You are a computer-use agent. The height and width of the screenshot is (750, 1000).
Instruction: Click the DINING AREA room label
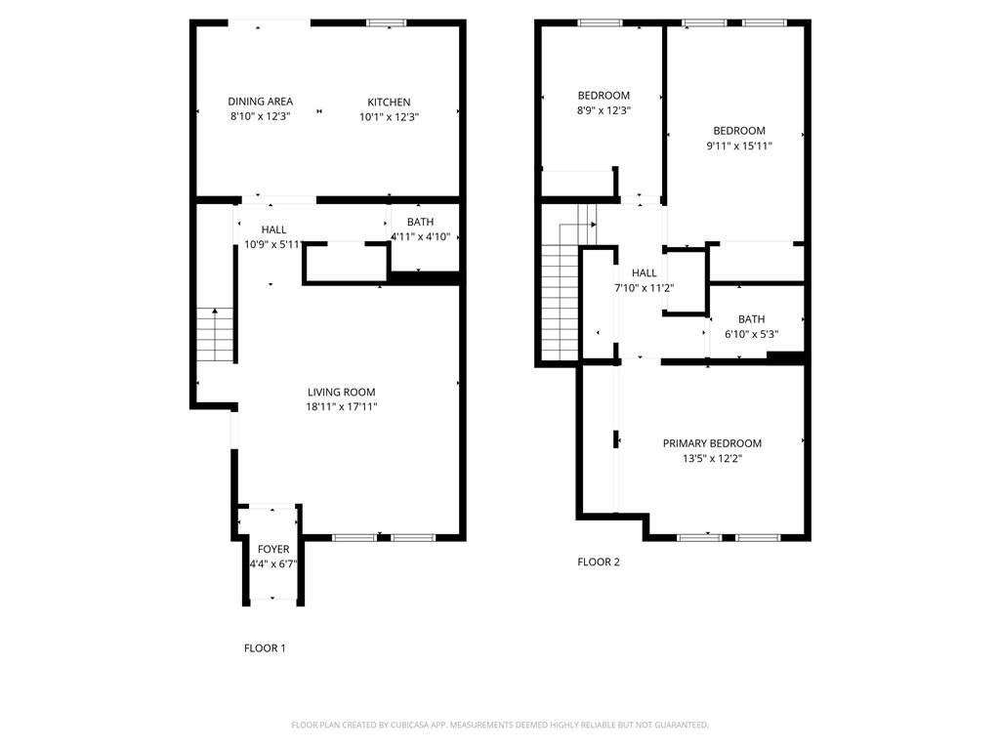pos(260,102)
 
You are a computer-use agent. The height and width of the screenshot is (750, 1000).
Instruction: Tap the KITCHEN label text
pos(389,103)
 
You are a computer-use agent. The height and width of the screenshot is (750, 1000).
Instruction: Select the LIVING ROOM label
pos(341,393)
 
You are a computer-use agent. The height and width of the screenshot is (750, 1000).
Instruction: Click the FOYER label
pos(272,550)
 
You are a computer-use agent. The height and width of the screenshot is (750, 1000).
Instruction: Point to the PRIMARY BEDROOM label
pos(712,443)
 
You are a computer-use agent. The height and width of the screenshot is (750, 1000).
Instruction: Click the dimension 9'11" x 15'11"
pos(738,146)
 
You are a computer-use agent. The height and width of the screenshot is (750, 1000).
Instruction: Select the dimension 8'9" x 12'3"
pos(604,110)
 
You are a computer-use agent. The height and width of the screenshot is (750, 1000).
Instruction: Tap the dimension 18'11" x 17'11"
pos(341,407)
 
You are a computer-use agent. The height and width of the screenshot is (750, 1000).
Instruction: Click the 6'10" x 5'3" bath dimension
pos(751,334)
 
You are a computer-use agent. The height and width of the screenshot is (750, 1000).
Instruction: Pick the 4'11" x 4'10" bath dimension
pos(420,236)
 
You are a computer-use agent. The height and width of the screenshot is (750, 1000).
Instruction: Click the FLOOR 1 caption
pos(265,647)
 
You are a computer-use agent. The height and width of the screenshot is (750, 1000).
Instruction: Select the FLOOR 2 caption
pos(598,562)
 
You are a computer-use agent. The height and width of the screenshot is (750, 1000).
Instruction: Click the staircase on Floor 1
pos(216,334)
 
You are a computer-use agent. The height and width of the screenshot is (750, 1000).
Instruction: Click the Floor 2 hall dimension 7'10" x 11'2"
pos(644,288)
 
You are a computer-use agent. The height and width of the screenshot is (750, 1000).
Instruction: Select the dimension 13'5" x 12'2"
pos(712,458)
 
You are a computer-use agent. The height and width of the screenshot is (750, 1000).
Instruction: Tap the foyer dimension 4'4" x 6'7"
pos(272,564)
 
